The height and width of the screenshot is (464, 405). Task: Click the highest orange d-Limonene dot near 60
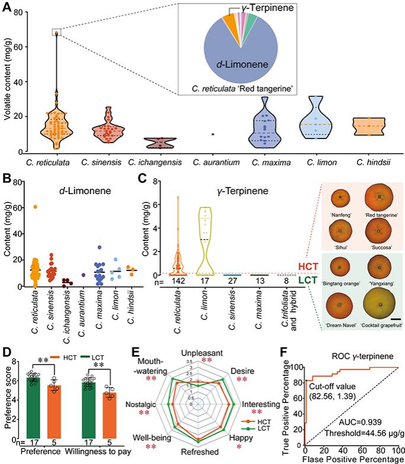tap(36, 207)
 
